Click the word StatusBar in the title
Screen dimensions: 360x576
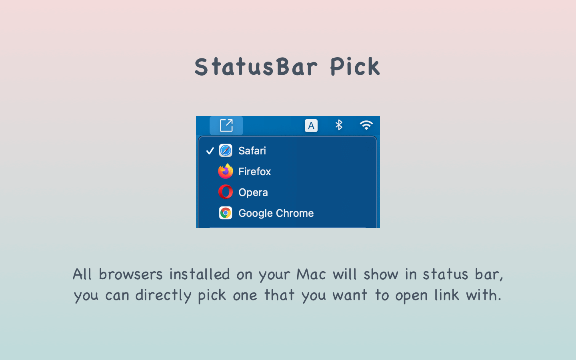coord(256,66)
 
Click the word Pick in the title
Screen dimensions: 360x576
coord(355,66)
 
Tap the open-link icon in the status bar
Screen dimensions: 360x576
coord(226,126)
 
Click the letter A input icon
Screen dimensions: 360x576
coord(311,126)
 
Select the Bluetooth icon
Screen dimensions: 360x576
coord(339,125)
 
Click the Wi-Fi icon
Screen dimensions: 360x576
coord(366,125)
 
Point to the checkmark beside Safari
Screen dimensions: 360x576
coord(210,151)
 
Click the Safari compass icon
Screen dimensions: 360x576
coord(226,151)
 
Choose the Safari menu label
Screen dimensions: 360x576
coord(252,151)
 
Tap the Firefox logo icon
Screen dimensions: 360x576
coord(226,171)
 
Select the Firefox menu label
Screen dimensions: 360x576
coord(255,172)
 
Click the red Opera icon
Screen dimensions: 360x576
coord(226,192)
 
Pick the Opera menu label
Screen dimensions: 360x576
coord(253,192)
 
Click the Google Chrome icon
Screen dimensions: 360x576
coord(226,213)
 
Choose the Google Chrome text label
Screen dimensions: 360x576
coord(276,213)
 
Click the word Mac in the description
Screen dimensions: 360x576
coord(311,274)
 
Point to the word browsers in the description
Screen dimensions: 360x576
coord(131,274)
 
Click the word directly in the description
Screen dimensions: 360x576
coord(163,295)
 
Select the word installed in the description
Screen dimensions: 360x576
coord(200,274)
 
